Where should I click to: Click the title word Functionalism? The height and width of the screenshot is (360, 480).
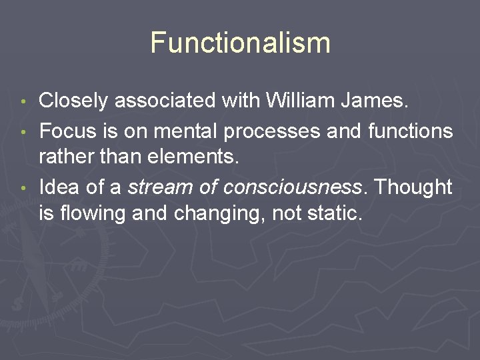click(240, 42)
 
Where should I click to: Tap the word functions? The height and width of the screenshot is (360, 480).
click(410, 131)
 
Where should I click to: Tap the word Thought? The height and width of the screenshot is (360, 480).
click(412, 188)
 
